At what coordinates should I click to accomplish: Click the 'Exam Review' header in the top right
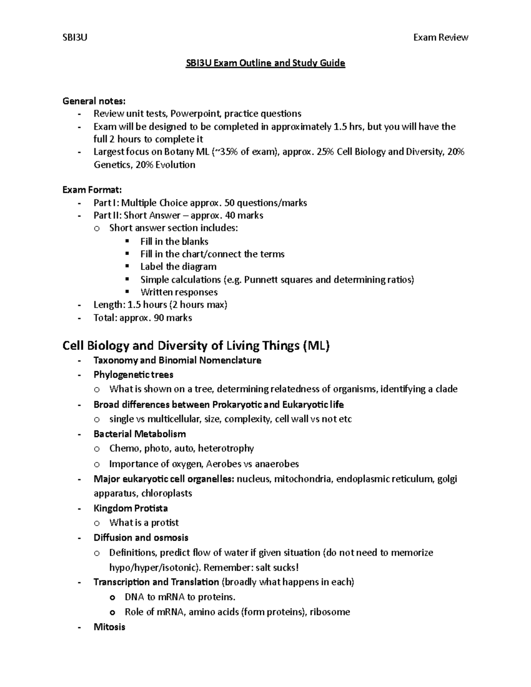point(440,38)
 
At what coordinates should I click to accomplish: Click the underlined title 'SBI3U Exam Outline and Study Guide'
point(265,63)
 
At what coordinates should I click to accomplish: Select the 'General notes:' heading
point(94,101)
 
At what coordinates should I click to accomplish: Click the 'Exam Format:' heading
point(92,190)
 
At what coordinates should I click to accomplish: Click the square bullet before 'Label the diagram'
point(128,266)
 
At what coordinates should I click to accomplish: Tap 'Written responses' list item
point(179,292)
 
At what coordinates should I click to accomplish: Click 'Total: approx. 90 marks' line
point(142,318)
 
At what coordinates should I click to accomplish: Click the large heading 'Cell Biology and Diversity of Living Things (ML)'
point(196,345)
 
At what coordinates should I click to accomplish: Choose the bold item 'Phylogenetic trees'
point(133,375)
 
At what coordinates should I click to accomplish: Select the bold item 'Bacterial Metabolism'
point(139,434)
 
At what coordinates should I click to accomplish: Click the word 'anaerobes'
point(277,464)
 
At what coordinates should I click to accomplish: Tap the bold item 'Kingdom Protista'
point(131,508)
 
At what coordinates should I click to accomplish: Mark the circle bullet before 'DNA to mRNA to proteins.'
point(112,598)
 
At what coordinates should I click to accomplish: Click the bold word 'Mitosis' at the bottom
point(109,627)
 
